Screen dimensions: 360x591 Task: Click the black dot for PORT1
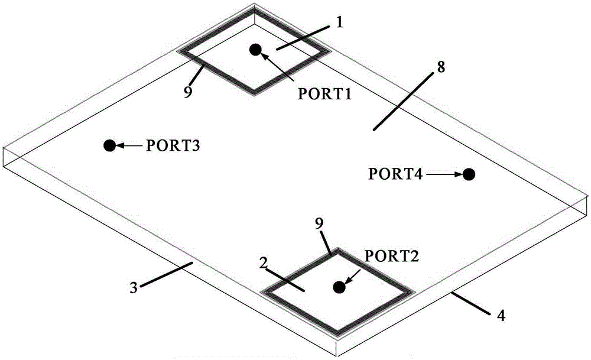[x=255, y=50]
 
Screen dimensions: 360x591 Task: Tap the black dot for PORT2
[x=339, y=287]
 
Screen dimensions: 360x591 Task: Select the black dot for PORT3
[x=109, y=145]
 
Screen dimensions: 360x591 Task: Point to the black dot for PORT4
[x=469, y=174]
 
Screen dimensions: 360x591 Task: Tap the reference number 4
[x=501, y=316]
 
